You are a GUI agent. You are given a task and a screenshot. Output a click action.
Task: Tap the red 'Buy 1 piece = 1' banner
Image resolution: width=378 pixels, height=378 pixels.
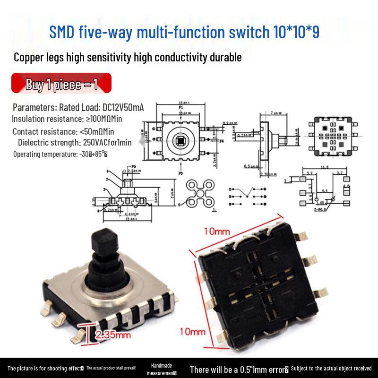point(61,84)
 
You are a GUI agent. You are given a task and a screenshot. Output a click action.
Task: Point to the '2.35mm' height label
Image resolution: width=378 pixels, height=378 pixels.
point(113,335)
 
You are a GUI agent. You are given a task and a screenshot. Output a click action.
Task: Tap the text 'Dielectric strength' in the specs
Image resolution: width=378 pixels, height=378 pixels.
point(48,142)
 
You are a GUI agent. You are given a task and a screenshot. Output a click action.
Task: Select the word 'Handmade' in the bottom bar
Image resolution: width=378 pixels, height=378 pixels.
point(162,365)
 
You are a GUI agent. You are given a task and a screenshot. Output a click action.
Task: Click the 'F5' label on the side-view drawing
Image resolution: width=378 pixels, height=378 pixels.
point(133,166)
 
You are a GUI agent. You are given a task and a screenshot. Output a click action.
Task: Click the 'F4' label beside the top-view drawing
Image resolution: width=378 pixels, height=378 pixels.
point(221,141)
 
